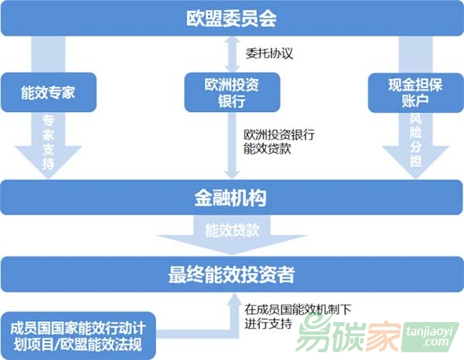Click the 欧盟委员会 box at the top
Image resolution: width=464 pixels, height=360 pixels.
click(x=232, y=19)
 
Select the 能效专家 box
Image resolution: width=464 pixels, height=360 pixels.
click(x=49, y=92)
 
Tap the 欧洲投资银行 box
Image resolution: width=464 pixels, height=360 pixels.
click(x=232, y=92)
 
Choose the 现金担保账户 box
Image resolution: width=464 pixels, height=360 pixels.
click(x=415, y=93)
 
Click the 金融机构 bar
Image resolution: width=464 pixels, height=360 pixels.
click(x=231, y=198)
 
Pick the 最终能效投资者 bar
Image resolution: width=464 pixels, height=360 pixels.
click(x=232, y=274)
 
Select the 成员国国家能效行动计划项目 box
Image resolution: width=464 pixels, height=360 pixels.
click(x=78, y=336)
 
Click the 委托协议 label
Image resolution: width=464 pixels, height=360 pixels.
click(x=269, y=53)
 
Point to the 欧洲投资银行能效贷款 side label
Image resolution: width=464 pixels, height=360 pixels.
click(x=278, y=141)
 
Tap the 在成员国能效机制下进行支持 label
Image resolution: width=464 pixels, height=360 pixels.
click(x=298, y=317)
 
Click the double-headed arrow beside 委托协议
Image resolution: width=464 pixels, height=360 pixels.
click(x=232, y=54)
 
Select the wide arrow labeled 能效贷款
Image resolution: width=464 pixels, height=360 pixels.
click(x=232, y=235)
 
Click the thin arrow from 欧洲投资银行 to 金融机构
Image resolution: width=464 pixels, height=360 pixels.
click(x=232, y=145)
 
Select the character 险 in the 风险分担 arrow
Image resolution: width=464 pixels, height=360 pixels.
click(x=415, y=132)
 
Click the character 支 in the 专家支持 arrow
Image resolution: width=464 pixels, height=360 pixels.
click(x=49, y=148)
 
